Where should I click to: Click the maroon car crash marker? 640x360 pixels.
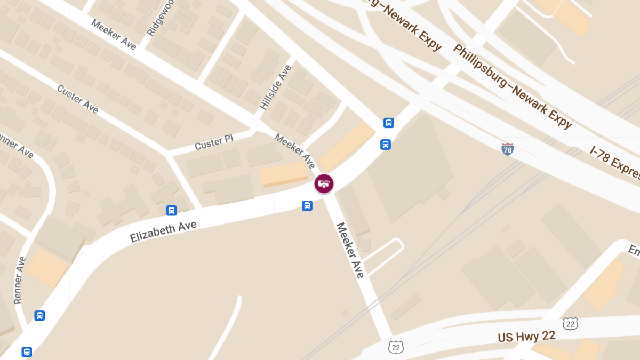324,184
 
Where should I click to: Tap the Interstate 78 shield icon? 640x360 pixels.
508,149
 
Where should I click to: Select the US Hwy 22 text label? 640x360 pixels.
526,337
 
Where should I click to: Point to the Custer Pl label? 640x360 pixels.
214,142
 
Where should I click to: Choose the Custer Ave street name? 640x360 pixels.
78,99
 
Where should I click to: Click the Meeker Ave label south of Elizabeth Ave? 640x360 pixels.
350,250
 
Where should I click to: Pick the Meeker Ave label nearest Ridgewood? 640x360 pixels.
114,35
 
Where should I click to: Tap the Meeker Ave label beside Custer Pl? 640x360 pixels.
295,151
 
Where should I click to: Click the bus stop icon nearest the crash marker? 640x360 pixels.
307,206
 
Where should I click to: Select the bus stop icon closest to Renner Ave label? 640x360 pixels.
39,316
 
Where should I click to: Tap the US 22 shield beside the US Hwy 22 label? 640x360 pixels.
570,323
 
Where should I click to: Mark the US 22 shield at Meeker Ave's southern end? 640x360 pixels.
396,347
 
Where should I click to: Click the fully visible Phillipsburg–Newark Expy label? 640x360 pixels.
513,86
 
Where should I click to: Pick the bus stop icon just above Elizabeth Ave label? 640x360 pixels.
172,210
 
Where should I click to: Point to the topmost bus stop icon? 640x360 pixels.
389,123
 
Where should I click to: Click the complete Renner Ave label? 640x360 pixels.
20,280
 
